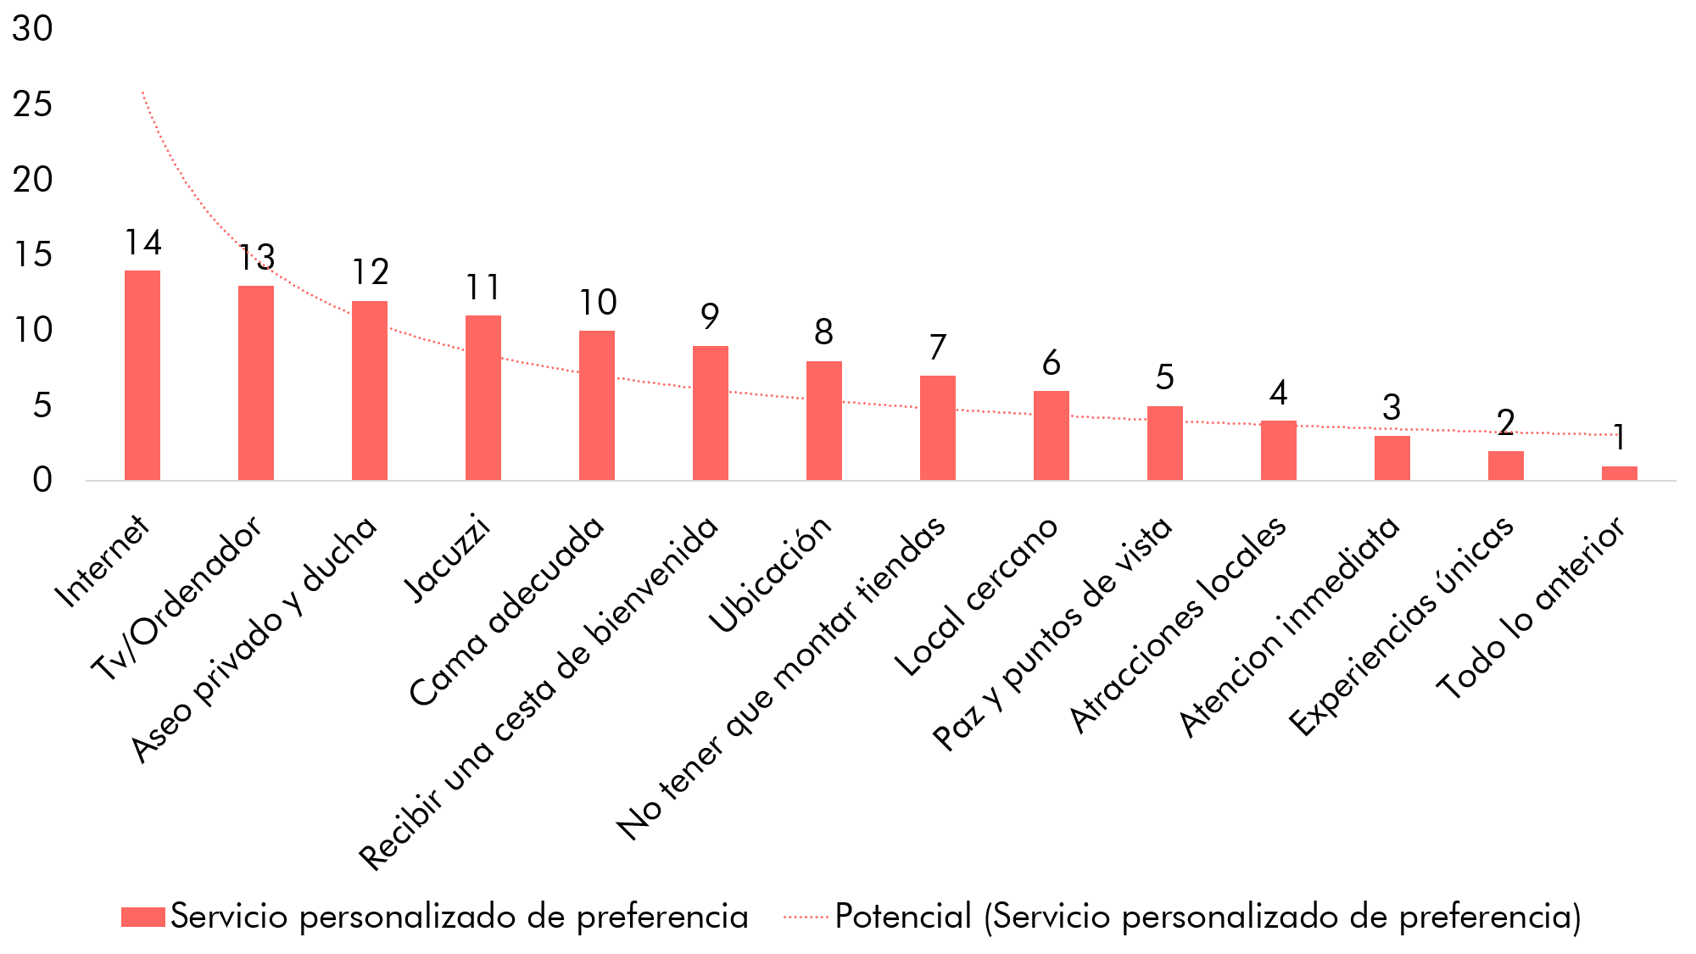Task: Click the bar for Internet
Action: point(142,375)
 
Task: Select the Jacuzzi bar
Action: point(483,398)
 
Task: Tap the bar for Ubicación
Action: point(824,421)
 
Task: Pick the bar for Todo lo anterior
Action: point(1620,473)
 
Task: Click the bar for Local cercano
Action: point(1052,435)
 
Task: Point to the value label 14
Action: point(142,243)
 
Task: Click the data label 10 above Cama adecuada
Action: point(598,303)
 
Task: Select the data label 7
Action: point(937,348)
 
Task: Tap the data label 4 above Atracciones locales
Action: point(1278,393)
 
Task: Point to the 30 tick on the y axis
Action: point(32,29)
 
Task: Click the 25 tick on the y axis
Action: point(32,104)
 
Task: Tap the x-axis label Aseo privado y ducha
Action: point(254,638)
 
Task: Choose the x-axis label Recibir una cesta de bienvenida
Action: point(539,693)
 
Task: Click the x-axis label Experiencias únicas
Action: point(1401,626)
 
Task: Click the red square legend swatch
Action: point(142,917)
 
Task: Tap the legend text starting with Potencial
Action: point(1208,917)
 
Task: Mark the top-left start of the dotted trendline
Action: point(142,92)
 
